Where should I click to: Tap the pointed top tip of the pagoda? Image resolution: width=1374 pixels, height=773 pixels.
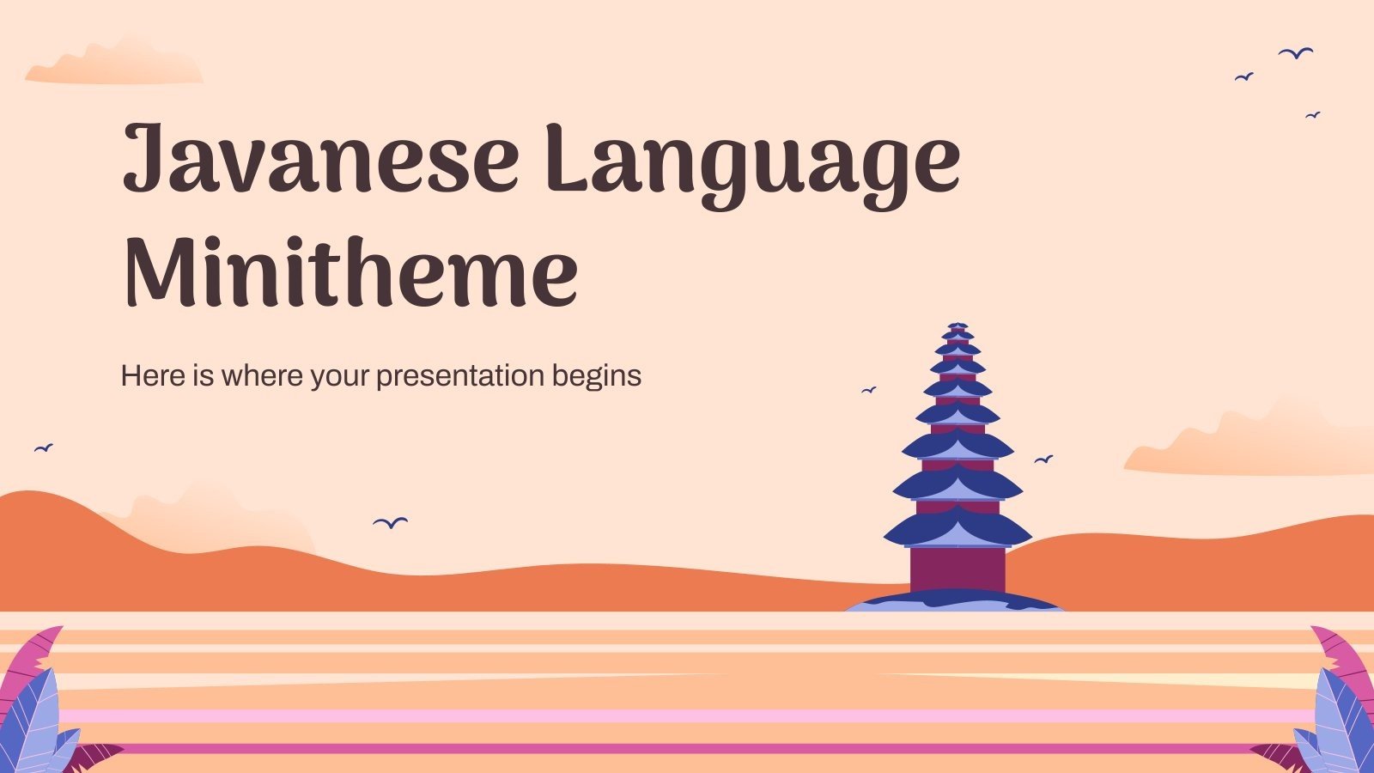coord(958,325)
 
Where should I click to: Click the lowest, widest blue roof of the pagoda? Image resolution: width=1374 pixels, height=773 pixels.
coord(958,528)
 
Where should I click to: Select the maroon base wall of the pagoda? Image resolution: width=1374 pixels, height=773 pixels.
coord(958,569)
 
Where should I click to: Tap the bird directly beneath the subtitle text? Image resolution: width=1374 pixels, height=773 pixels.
coord(391,522)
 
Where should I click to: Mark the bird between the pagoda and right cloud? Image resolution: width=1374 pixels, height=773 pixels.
coord(1043,460)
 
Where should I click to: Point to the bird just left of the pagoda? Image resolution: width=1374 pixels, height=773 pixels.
coord(869,390)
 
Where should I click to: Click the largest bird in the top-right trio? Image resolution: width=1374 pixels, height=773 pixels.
coord(1296,53)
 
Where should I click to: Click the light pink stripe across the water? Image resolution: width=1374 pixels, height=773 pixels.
coord(687,715)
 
